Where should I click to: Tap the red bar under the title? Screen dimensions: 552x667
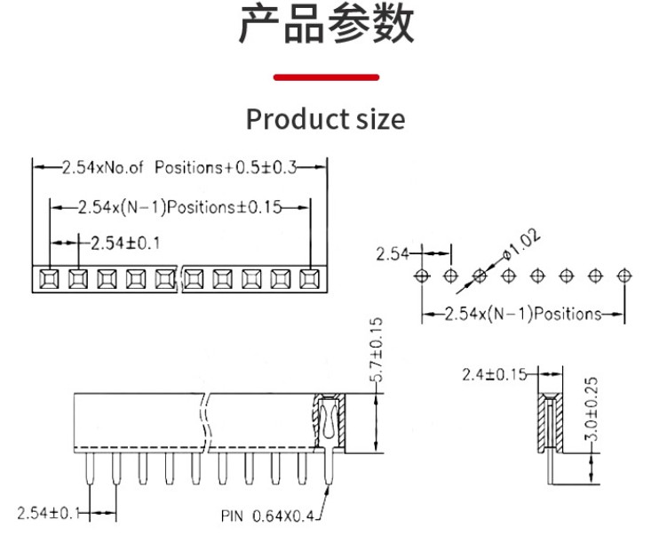point(326,77)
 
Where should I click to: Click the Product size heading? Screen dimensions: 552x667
point(325,118)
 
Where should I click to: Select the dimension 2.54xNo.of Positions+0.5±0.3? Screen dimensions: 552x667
point(180,167)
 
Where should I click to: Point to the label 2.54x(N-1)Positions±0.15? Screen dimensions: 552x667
point(179,207)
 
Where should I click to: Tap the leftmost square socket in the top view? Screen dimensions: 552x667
point(49,279)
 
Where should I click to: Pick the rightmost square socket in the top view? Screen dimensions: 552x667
point(308,279)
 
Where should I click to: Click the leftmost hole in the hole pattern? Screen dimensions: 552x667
point(422,275)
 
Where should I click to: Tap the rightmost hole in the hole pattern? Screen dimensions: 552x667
point(624,275)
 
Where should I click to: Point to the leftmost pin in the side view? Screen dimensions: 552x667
point(89,470)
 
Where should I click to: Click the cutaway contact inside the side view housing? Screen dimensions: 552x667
point(329,422)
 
